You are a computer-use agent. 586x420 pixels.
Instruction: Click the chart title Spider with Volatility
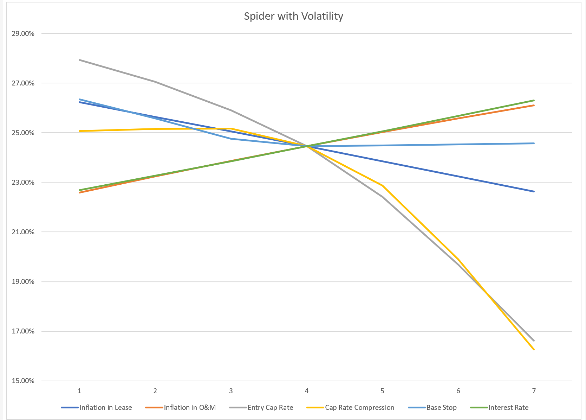pos(293,16)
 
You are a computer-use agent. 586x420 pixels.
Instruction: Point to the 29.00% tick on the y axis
pos(23,34)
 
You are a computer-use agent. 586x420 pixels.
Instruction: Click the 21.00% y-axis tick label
pos(23,232)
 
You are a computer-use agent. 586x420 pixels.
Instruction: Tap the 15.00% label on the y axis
pos(23,381)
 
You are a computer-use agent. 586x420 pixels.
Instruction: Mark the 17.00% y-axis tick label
pos(23,331)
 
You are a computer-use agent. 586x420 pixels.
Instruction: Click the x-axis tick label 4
pos(307,391)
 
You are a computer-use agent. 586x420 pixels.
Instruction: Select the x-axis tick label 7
pos(534,391)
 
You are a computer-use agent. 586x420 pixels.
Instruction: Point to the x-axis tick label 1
pos(79,391)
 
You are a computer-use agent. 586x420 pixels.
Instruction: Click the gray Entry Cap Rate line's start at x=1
pos(80,60)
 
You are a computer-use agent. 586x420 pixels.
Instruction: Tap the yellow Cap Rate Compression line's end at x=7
pos(534,350)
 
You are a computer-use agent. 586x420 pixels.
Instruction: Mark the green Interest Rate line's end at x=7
pos(534,100)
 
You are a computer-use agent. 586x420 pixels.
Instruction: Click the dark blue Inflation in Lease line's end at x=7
pos(534,192)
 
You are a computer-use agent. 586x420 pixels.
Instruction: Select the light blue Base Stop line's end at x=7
pos(534,143)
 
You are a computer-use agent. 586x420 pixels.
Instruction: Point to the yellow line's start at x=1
pos(80,131)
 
